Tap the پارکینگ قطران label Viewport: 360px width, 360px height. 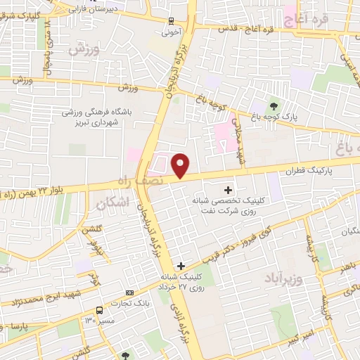click(x=307, y=170)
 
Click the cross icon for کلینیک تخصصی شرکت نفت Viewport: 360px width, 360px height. click(x=227, y=190)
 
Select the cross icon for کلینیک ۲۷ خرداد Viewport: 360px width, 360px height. click(x=181, y=266)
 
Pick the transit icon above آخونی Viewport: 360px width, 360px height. click(x=173, y=20)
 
